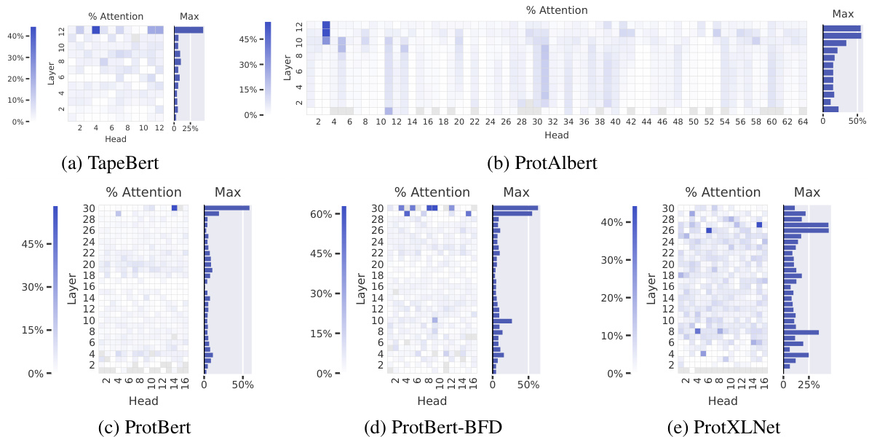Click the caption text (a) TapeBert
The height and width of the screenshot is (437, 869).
tap(110, 163)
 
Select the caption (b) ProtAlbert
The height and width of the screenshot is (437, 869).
tap(541, 163)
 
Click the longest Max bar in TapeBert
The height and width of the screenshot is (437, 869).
tap(189, 30)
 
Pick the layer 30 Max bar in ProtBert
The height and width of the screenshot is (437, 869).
tap(226, 208)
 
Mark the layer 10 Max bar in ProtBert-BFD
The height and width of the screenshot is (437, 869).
tap(502, 320)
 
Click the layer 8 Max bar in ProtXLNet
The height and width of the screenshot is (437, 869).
tap(801, 331)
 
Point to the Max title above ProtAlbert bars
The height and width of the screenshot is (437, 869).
tap(843, 13)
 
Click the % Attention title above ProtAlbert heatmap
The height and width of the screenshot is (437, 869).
tap(557, 10)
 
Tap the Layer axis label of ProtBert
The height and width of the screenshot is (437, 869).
tap(73, 288)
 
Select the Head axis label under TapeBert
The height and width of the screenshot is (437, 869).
tap(116, 138)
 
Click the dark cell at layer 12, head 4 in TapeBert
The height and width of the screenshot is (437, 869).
tap(96, 30)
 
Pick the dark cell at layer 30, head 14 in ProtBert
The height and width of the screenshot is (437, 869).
tap(174, 208)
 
